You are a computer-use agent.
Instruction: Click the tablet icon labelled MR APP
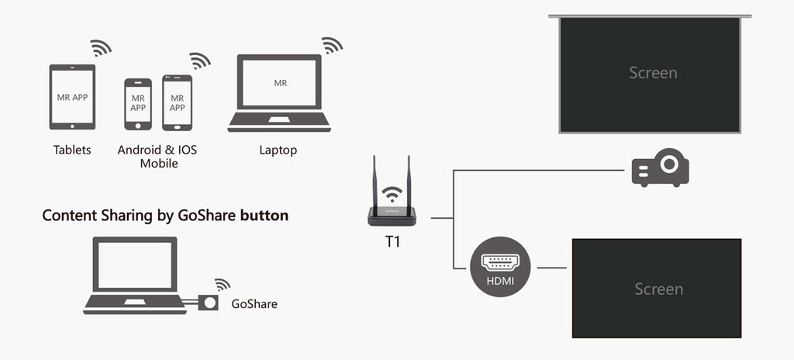(72, 97)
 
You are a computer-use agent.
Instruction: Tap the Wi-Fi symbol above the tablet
(101, 47)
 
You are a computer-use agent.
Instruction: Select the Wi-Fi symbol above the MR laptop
(333, 45)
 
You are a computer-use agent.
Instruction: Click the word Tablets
(72, 150)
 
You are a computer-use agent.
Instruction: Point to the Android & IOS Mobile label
(157, 156)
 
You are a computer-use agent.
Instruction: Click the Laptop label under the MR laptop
(278, 150)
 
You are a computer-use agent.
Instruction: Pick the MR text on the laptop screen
(280, 82)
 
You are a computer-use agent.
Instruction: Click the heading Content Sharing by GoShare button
(165, 216)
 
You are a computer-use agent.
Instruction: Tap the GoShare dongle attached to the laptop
(208, 303)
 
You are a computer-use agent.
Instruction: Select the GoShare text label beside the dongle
(254, 304)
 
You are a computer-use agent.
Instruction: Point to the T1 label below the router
(393, 241)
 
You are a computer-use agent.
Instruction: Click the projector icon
(660, 168)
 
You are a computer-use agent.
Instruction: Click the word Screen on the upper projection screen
(653, 73)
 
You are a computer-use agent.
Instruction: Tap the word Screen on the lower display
(658, 289)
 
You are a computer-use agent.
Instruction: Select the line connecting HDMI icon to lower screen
(552, 268)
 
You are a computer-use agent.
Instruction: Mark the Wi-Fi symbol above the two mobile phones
(200, 61)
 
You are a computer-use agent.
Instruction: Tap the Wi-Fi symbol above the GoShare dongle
(223, 284)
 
